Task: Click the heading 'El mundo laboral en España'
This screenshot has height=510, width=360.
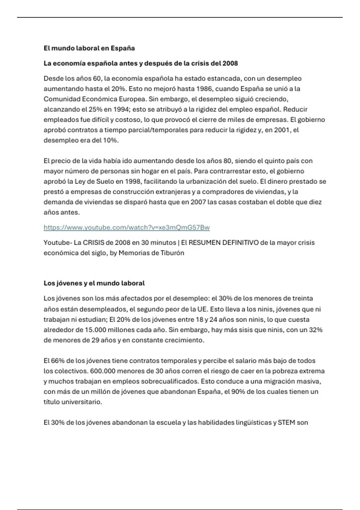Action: coord(89,48)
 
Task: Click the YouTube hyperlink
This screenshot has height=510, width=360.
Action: coord(127,227)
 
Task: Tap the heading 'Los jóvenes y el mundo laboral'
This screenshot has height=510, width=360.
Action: coord(94,283)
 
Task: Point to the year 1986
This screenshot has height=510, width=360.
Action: coord(205,89)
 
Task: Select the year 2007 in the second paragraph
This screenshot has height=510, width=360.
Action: coord(198,202)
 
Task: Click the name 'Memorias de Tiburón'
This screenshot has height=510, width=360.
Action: coord(151,253)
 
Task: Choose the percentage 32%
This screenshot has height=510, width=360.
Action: coord(316,330)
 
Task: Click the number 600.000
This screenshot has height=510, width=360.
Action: coord(103,371)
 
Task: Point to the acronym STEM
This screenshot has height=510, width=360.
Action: coord(286,423)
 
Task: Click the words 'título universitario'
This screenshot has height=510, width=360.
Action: coord(73,402)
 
